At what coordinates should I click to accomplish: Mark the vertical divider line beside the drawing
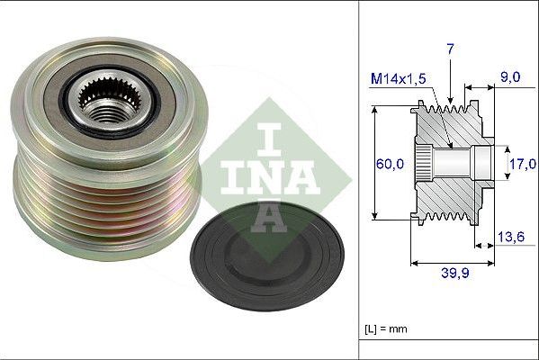click(359, 180)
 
